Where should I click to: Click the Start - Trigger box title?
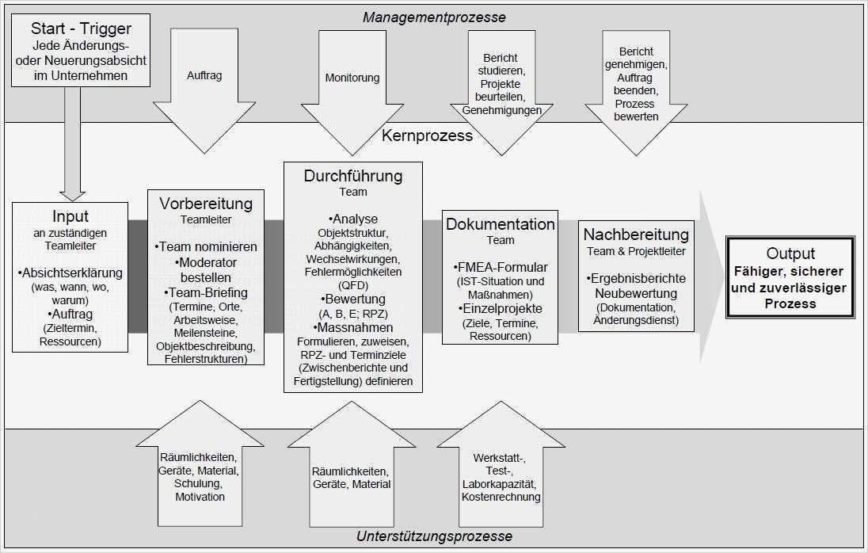click(x=70, y=29)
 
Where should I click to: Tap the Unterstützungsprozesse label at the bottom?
click(x=434, y=536)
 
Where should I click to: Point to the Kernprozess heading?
click(x=427, y=135)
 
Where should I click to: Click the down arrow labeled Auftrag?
click(x=204, y=76)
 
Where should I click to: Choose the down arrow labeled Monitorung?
click(x=352, y=78)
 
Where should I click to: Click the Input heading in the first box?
click(x=70, y=216)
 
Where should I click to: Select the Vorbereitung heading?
click(x=206, y=203)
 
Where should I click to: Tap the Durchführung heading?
click(x=353, y=176)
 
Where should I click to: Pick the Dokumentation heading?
click(x=501, y=224)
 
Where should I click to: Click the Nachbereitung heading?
click(x=636, y=235)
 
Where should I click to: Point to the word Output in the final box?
click(x=790, y=254)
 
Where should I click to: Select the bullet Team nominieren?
click(x=206, y=246)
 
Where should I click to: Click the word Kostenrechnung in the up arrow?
click(x=501, y=497)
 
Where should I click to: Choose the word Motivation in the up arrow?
click(x=200, y=497)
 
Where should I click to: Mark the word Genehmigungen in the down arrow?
click(x=501, y=110)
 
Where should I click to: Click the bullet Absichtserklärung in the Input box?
click(x=70, y=273)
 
